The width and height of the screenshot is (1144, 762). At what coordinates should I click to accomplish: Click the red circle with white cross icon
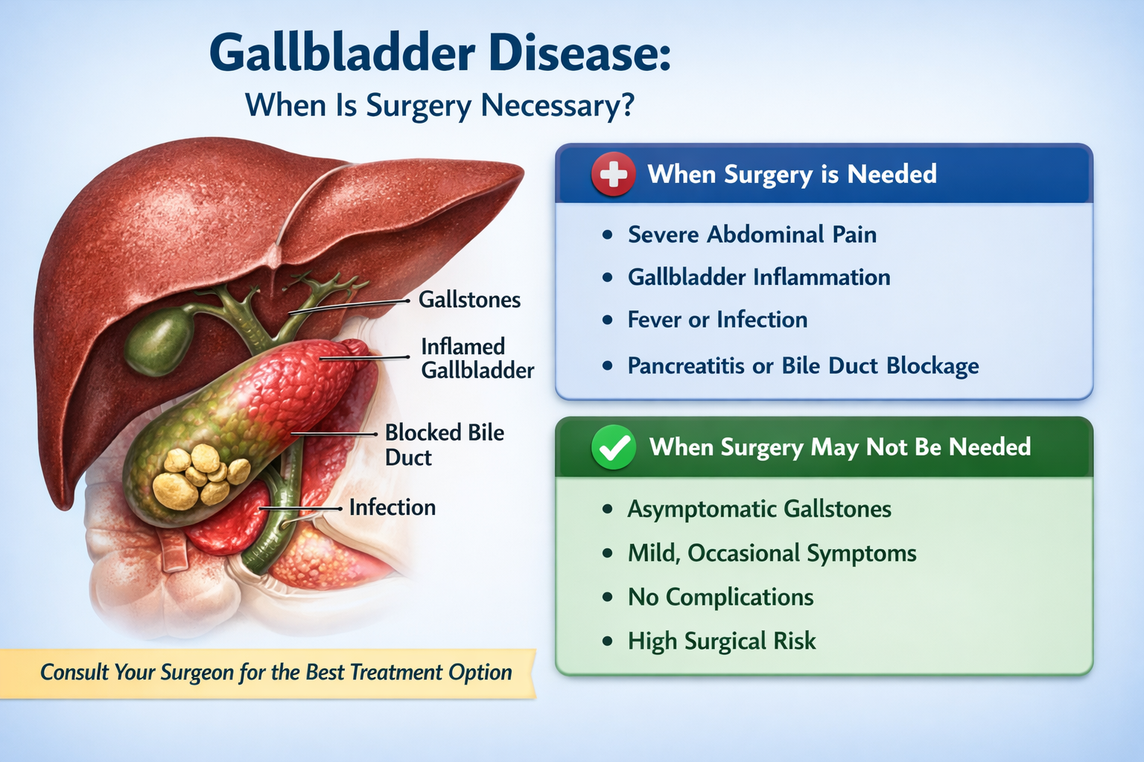point(613,175)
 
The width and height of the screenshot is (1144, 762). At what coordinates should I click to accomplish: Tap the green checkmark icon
point(613,448)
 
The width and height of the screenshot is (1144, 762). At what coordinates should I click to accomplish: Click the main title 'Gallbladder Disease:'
point(439,54)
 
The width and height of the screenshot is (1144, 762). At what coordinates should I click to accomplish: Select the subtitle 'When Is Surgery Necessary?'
point(439,106)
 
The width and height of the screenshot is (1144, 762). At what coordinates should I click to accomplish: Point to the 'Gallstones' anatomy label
point(469,300)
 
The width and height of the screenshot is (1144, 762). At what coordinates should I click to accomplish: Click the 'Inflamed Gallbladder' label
point(477,358)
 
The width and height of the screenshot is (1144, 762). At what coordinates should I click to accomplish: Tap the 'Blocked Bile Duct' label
point(444,444)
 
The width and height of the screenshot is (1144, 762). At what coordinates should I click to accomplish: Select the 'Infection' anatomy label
point(392,508)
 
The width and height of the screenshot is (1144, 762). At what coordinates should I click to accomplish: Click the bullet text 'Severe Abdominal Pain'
point(751,234)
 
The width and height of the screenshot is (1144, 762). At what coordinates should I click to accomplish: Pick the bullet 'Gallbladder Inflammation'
point(758,278)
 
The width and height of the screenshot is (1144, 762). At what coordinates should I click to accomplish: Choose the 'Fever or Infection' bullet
point(717,320)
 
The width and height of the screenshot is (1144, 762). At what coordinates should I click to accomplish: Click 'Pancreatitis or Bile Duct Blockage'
point(803,366)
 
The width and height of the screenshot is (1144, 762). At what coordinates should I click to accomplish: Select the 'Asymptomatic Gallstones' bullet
point(759,509)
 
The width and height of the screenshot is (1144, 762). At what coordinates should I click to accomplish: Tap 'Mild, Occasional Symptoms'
point(772,554)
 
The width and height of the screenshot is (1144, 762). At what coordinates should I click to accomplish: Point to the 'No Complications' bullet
point(720,598)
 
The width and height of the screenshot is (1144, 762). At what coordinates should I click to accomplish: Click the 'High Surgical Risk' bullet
point(722,641)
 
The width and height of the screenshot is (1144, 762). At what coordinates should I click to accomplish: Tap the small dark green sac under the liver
point(159,341)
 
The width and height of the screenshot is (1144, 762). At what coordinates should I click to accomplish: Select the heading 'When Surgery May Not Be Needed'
point(839,447)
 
